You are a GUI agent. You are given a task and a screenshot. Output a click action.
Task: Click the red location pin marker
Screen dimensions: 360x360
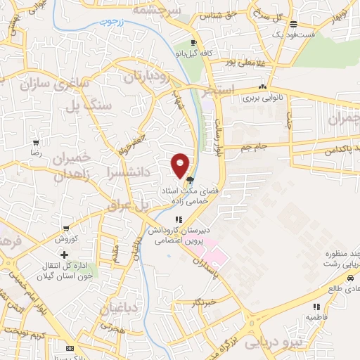click(181, 165)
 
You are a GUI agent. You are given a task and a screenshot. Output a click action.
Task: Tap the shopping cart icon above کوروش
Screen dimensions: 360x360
click(65, 228)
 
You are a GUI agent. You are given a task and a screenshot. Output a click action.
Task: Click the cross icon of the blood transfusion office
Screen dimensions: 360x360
click(65, 254)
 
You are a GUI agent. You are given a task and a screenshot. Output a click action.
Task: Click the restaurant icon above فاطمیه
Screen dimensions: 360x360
click(316, 307)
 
